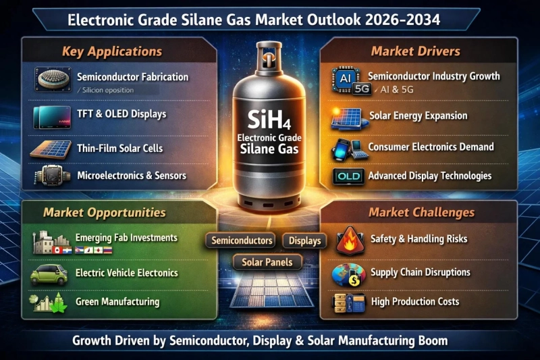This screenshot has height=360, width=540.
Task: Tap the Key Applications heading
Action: (111, 51)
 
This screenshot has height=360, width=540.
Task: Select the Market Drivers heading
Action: (415, 51)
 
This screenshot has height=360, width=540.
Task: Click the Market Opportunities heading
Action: (104, 212)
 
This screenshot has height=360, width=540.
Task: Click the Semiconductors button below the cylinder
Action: (242, 240)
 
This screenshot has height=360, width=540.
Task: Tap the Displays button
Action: (304, 240)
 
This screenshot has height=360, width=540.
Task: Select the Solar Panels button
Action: (268, 261)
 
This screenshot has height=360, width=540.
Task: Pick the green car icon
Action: (49, 274)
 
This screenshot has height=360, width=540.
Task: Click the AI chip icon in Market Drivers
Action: (345, 78)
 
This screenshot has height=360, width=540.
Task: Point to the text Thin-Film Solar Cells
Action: (120, 148)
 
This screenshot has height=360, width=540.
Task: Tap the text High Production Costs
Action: (414, 301)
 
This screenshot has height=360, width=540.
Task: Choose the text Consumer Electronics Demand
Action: (431, 147)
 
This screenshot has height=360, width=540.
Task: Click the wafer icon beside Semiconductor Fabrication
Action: (52, 80)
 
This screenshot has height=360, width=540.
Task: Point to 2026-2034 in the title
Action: (400, 20)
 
